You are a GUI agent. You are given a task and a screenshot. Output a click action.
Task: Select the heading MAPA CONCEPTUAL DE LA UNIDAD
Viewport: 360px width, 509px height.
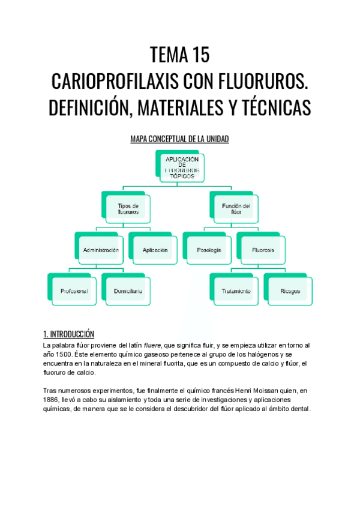point(180,139)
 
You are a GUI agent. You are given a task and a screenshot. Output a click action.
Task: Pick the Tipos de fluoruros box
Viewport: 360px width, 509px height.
point(128,209)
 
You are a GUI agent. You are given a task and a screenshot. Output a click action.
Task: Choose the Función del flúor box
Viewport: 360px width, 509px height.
point(236,209)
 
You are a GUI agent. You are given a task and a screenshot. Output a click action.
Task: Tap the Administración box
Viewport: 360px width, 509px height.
point(101,250)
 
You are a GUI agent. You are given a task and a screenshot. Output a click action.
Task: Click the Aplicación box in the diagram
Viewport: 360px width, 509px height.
point(155,250)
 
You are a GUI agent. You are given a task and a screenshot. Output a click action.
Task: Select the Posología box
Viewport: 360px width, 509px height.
point(209,250)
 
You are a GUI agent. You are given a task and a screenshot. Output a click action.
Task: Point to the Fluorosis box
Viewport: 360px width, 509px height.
point(263,250)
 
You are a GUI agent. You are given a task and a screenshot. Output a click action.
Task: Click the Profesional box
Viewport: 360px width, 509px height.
point(74,291)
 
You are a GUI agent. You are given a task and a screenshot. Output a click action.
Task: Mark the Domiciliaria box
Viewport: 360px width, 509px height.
point(128,291)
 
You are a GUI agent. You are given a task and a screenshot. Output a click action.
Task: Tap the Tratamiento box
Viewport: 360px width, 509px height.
point(236,291)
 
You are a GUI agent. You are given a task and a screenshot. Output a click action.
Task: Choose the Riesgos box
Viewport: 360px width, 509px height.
point(290,291)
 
